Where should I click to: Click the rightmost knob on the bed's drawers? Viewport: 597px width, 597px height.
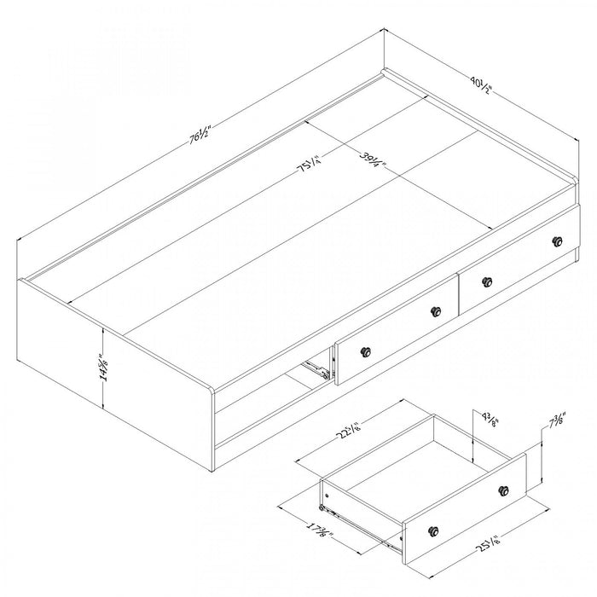559,241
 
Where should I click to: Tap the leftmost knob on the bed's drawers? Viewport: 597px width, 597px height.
368,351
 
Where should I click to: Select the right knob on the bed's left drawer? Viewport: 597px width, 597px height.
437,311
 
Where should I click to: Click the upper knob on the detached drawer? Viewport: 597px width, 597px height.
504,490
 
